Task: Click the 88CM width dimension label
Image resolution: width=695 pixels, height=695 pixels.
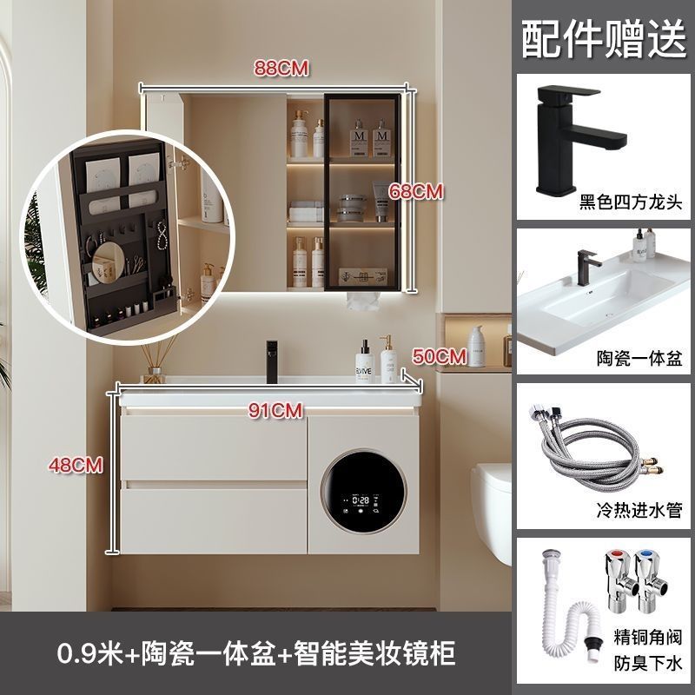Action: click(281, 69)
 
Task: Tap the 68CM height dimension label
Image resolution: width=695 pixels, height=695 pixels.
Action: click(416, 191)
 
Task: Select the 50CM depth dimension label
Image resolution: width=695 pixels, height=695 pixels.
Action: click(440, 356)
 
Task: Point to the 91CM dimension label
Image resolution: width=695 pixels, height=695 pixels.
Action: click(275, 410)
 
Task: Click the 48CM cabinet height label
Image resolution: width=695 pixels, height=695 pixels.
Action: click(76, 465)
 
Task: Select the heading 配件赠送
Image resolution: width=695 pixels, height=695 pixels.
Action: click(604, 38)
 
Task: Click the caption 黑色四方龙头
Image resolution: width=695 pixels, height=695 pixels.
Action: click(631, 202)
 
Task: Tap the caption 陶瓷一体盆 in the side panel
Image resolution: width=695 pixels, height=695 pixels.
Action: click(639, 358)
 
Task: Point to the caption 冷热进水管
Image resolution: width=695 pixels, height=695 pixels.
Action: click(639, 510)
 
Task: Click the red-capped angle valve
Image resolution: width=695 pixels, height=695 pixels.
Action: click(620, 581)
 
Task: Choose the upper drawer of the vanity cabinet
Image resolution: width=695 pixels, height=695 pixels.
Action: click(214, 447)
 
